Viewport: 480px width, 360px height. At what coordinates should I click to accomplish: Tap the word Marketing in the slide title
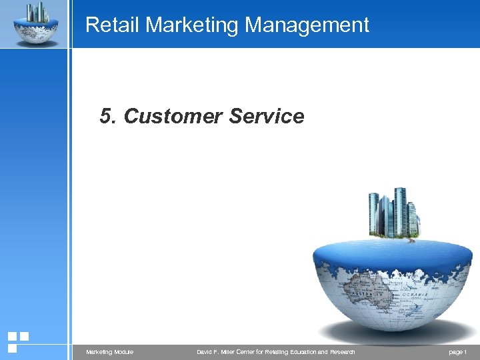click(x=193, y=25)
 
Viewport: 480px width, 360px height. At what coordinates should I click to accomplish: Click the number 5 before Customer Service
click(x=105, y=116)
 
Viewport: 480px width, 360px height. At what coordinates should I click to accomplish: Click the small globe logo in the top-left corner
click(x=35, y=24)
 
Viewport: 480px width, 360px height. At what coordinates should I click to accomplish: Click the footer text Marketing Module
click(x=109, y=351)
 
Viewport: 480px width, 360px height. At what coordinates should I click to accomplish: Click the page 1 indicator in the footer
click(x=458, y=351)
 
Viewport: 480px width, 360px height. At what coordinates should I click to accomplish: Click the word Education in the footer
click(x=299, y=351)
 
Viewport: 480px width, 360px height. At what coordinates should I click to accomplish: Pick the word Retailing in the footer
click(x=267, y=351)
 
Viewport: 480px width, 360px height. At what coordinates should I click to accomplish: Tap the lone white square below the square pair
click(x=12, y=348)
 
